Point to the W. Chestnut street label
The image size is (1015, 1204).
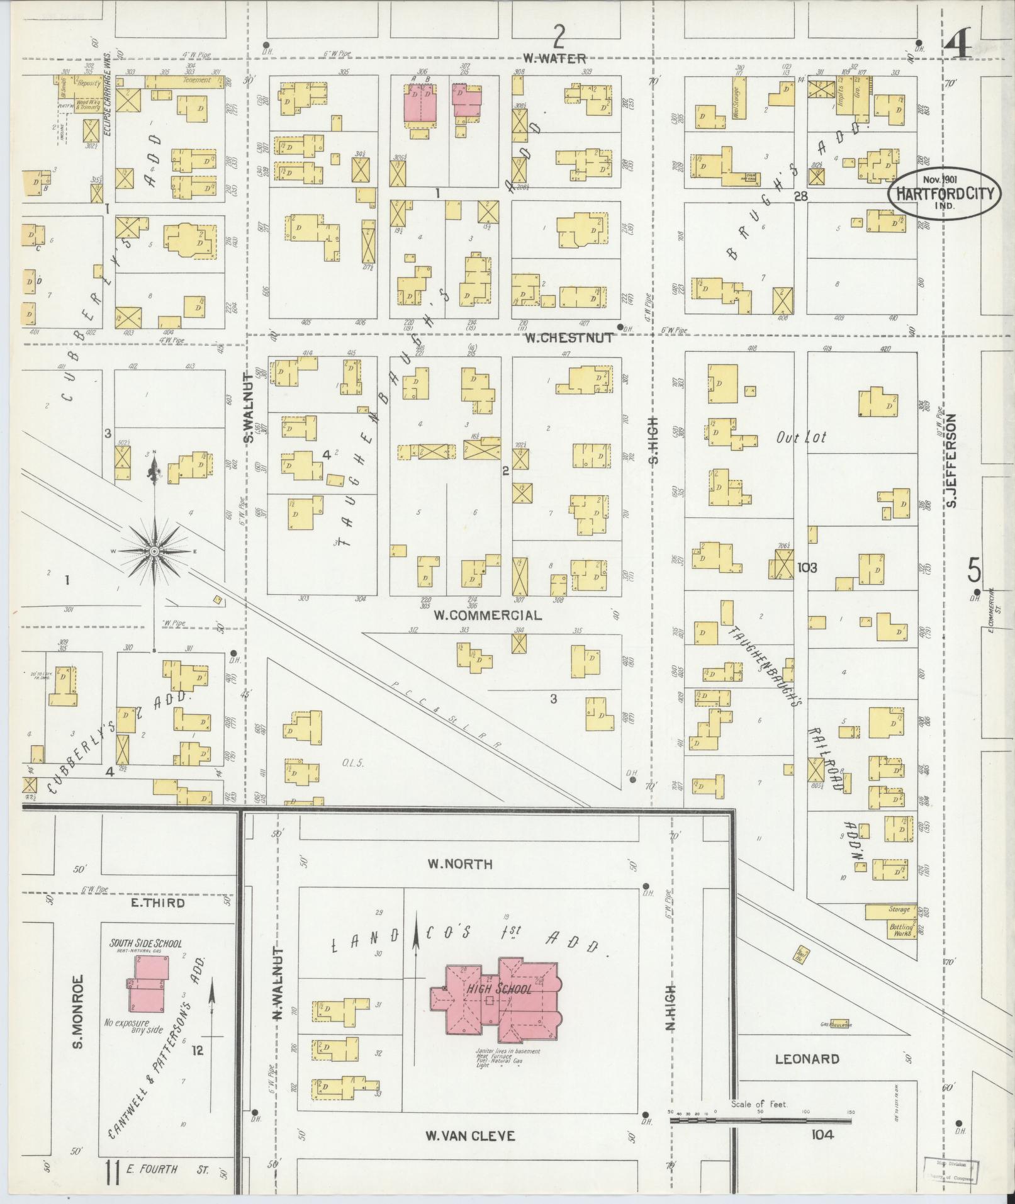point(569,338)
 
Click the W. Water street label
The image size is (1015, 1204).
point(554,59)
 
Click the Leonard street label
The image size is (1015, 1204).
point(807,1059)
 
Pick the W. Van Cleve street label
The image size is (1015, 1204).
point(470,1136)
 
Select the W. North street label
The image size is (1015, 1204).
point(460,864)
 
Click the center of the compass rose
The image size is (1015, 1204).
point(154,552)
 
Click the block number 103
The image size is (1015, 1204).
point(807,567)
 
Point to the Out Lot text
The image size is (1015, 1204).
point(800,437)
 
